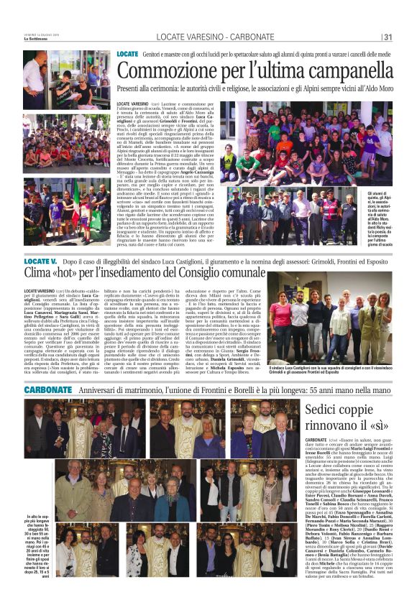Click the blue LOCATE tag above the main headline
pyautogui.click(x=127, y=54)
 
